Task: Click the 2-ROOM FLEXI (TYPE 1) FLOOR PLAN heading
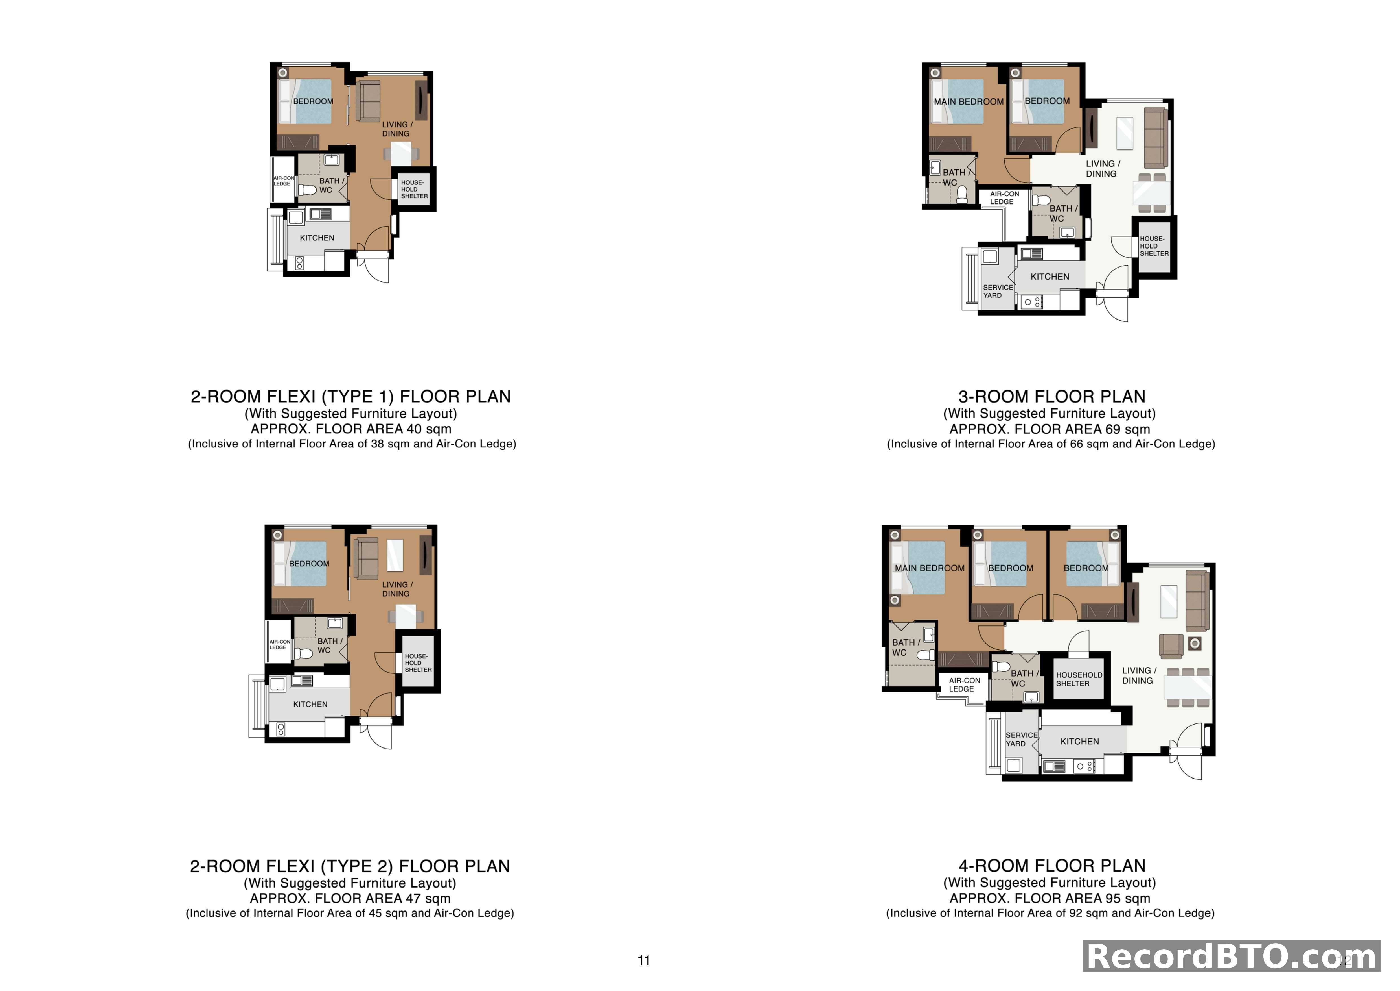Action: point(350,397)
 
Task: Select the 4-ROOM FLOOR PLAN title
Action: point(1052,865)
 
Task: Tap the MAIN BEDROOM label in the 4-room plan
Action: point(929,568)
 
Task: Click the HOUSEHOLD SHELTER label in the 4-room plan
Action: point(1079,679)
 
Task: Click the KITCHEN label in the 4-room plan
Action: point(1079,742)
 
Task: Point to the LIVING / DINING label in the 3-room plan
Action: point(1103,168)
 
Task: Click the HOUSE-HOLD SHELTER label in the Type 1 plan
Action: point(414,189)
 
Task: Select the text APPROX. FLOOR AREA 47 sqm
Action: point(350,898)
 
